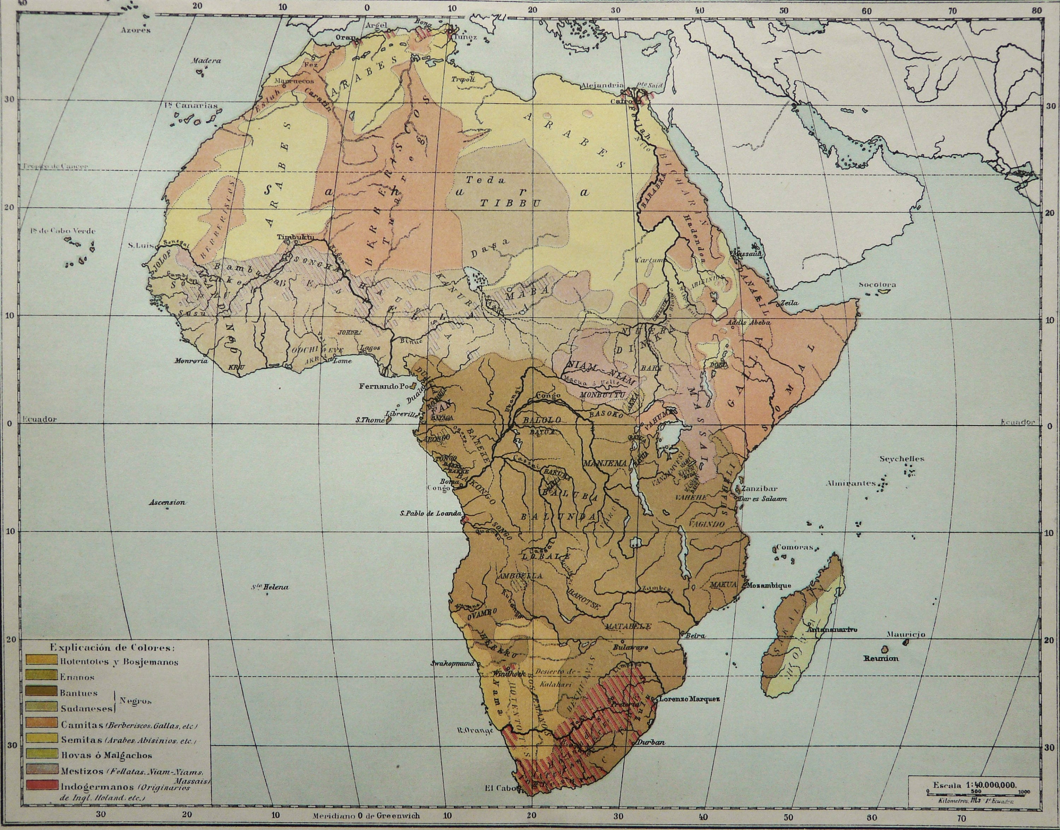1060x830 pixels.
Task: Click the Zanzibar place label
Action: (760, 489)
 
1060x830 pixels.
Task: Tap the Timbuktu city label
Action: (295, 237)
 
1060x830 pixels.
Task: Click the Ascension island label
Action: (167, 502)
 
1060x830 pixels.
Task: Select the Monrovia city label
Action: (192, 361)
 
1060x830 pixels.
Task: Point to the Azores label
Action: (136, 30)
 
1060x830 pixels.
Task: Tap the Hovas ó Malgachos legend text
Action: (106, 755)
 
